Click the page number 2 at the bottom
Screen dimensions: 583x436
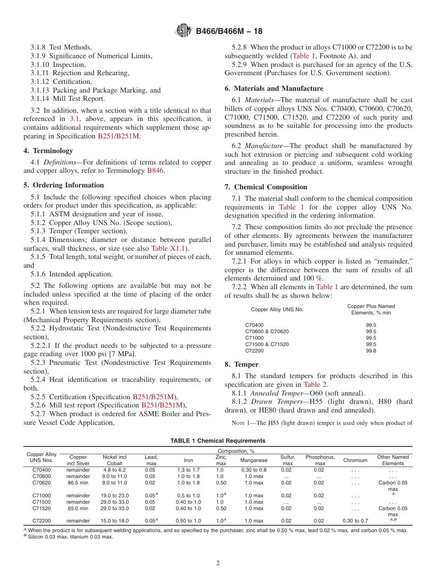(x=218, y=563)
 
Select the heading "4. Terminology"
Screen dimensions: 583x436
(x=48, y=151)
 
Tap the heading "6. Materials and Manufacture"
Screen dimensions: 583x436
(x=274, y=88)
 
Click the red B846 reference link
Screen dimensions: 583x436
(x=155, y=170)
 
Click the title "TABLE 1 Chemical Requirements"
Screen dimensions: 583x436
(x=218, y=441)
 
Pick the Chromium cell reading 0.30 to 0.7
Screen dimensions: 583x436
(x=355, y=521)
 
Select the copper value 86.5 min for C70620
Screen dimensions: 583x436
(x=78, y=483)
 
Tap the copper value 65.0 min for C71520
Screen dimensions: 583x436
(x=78, y=508)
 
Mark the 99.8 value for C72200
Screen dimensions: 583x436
(x=371, y=351)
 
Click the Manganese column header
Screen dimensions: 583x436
(x=254, y=460)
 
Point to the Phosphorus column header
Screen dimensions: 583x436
(x=320, y=460)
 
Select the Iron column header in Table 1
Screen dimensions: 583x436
(x=188, y=460)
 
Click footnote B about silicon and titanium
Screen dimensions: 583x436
(x=68, y=537)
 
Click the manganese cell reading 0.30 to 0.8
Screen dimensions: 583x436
(x=254, y=470)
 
